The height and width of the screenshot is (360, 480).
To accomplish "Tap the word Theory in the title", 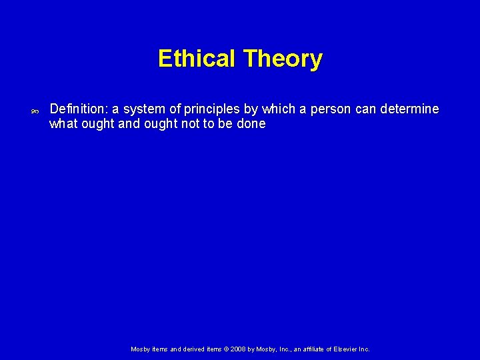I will tap(283, 59).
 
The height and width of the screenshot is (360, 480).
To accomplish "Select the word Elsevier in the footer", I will tap(346, 349).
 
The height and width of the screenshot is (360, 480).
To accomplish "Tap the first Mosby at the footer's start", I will tap(141, 349).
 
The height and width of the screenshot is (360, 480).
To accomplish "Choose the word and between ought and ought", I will tap(129, 124).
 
